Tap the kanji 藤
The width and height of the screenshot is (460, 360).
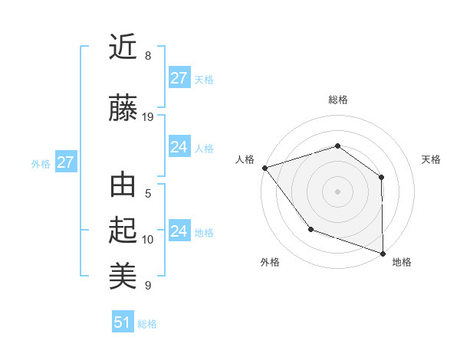click(x=123, y=109)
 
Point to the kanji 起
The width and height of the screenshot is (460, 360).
click(x=123, y=231)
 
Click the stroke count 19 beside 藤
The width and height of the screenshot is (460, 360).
click(x=148, y=117)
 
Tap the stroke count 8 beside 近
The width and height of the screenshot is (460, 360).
click(x=148, y=55)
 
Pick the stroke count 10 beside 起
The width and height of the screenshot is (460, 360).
click(x=148, y=240)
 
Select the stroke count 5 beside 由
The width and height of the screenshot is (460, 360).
click(x=148, y=194)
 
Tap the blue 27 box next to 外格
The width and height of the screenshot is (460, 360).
click(x=65, y=162)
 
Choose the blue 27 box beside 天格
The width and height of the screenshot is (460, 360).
click(x=179, y=77)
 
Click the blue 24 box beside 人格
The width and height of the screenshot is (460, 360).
click(x=179, y=147)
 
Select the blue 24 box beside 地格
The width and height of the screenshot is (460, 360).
click(x=179, y=231)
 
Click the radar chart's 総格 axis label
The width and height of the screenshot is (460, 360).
click(x=338, y=100)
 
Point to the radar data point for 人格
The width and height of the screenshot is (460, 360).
click(x=264, y=167)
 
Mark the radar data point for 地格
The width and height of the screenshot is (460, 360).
click(x=383, y=253)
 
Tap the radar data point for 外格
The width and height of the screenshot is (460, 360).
click(x=310, y=229)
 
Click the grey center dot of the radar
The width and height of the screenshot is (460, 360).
click(x=337, y=191)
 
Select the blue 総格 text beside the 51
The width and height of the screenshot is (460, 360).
click(x=147, y=324)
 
